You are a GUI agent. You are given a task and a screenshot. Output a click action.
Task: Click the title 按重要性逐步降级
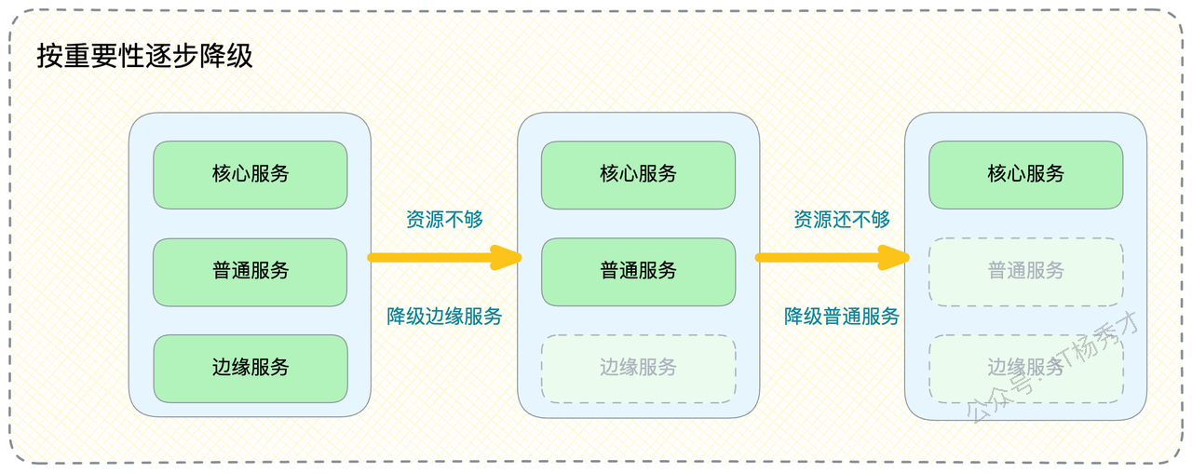click(x=144, y=56)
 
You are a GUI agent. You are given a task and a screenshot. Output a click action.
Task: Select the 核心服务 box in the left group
click(x=251, y=174)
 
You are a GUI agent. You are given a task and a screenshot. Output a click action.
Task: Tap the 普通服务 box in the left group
click(x=251, y=272)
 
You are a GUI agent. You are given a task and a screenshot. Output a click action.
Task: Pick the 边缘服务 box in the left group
click(x=251, y=368)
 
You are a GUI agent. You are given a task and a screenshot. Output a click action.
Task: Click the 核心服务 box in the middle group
click(x=638, y=174)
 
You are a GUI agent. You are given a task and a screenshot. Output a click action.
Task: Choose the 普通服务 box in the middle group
click(x=638, y=272)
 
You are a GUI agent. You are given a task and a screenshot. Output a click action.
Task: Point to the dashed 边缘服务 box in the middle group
click(x=638, y=368)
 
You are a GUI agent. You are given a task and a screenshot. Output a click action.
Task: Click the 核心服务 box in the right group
click(x=1025, y=174)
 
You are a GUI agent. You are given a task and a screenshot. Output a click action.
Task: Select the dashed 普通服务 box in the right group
click(x=1025, y=272)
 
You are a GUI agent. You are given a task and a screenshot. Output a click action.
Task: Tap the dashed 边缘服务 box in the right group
click(x=1025, y=368)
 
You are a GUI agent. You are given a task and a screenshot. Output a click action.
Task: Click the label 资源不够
click(x=444, y=219)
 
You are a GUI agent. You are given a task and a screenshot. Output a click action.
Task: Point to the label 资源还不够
click(x=842, y=219)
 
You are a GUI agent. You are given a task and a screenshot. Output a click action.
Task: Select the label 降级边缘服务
click(x=444, y=316)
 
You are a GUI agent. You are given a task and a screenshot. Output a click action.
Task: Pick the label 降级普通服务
click(x=842, y=316)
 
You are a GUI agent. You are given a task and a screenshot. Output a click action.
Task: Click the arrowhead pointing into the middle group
click(x=507, y=258)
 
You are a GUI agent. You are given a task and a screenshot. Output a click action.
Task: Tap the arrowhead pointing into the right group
click(x=894, y=258)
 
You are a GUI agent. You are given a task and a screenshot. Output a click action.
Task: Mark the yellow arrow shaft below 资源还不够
click(x=818, y=258)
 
